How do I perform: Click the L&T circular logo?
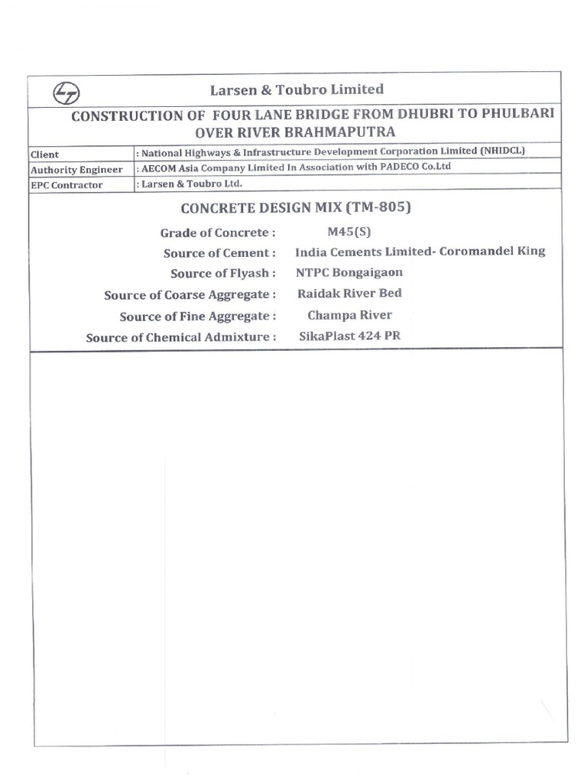pyautogui.click(x=66, y=93)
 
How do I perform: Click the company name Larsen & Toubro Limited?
pyautogui.click(x=297, y=89)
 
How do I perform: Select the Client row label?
pyautogui.click(x=44, y=154)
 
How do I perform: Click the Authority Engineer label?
pyautogui.click(x=76, y=170)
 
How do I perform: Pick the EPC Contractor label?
pyautogui.click(x=66, y=185)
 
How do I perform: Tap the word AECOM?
pyautogui.click(x=161, y=167)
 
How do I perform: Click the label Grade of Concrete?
pyautogui.click(x=217, y=232)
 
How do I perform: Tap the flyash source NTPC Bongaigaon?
pyautogui.click(x=349, y=272)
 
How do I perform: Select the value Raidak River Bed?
pyautogui.click(x=349, y=293)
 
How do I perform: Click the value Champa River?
pyautogui.click(x=349, y=314)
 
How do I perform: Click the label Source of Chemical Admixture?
pyautogui.click(x=180, y=337)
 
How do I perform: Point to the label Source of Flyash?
pyautogui.click(x=223, y=274)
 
